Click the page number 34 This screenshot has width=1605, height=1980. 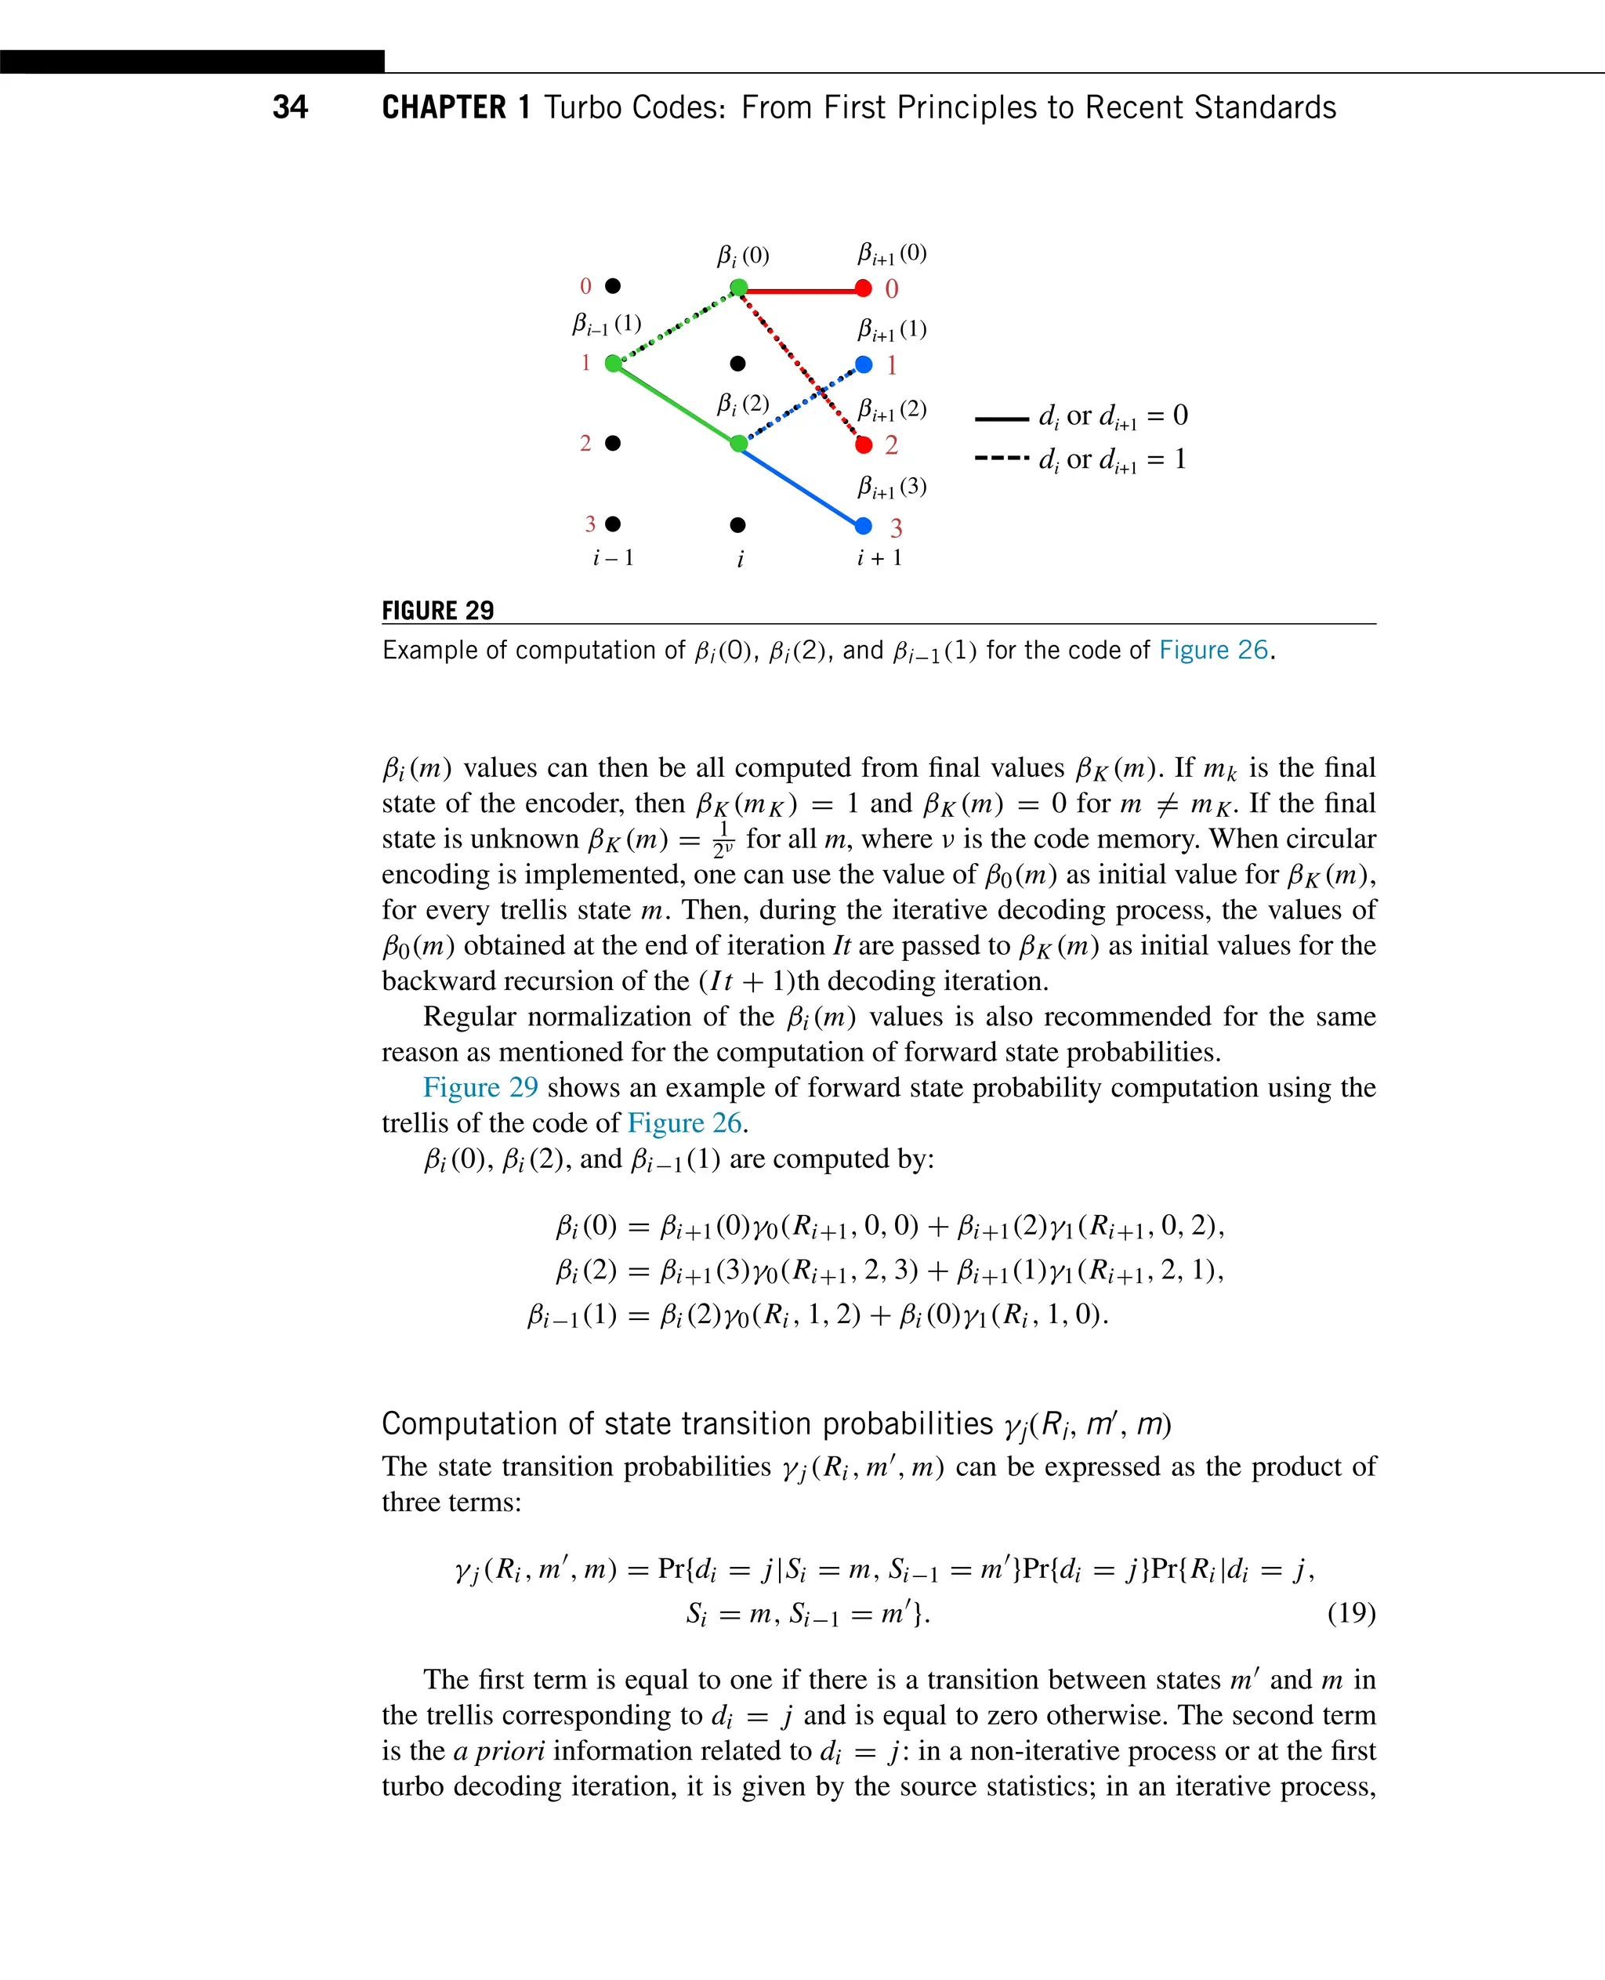[289, 107]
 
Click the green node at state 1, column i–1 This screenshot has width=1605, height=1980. [613, 364]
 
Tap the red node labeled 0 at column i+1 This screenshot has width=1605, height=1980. [864, 288]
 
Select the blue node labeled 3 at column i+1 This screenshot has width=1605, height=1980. [864, 526]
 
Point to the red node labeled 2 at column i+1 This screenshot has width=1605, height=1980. [864, 444]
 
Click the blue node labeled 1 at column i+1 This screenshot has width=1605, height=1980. [864, 364]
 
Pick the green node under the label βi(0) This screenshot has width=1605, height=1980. [737, 288]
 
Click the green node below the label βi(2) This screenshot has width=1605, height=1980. [737, 444]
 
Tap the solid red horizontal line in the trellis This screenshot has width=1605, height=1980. [801, 290]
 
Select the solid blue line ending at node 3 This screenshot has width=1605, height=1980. [801, 485]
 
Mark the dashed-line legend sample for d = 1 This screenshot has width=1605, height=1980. [1002, 458]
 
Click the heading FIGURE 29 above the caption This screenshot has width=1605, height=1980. [437, 611]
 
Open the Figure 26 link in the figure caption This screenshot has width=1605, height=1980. [1213, 650]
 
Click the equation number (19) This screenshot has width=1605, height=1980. [1351, 1613]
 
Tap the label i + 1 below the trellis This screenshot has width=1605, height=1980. [879, 557]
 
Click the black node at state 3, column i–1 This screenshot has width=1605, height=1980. [613, 524]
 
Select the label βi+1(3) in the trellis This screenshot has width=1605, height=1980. [891, 488]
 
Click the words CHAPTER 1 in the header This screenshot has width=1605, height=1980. [456, 107]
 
